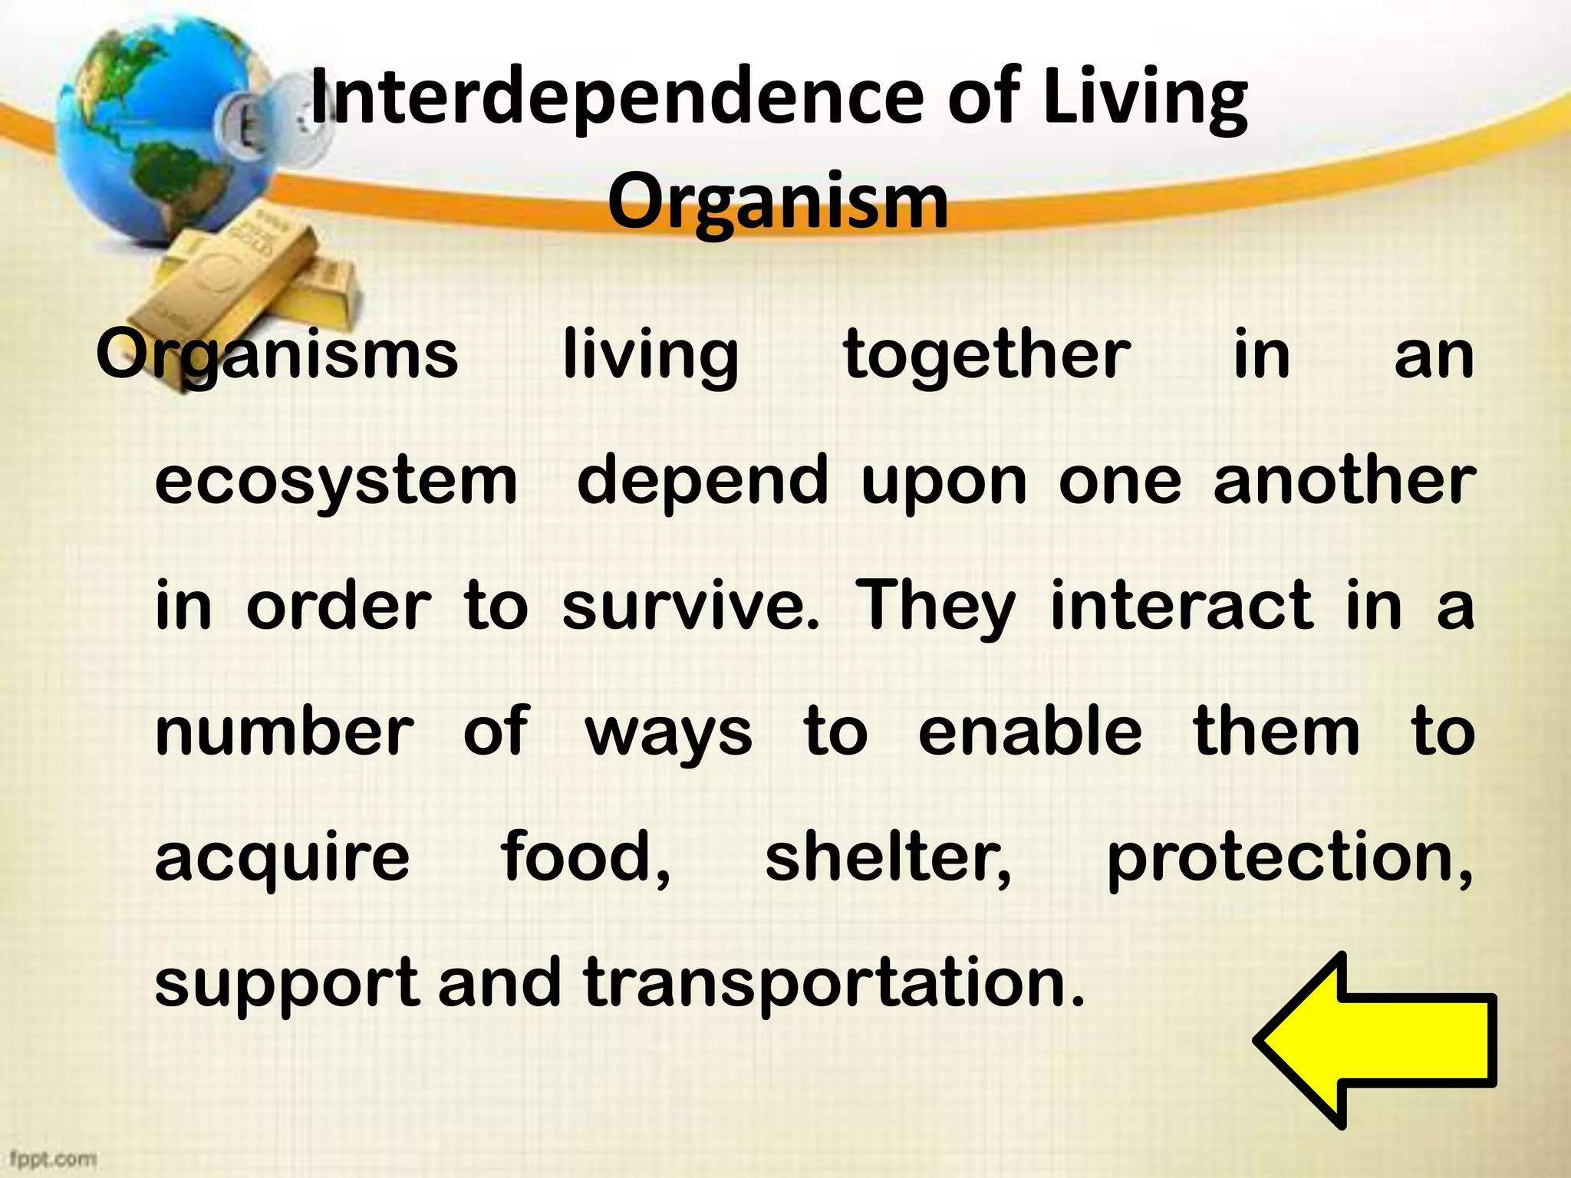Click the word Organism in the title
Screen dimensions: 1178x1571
778,202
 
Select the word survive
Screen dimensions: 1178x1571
690,606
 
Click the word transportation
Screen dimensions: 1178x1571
834,982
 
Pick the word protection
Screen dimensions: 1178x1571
1289,857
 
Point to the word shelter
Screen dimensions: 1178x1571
888,857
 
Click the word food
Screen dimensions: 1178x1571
585,857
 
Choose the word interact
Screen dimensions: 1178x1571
1181,606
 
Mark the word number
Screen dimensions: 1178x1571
285,731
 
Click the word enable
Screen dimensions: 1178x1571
1029,731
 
